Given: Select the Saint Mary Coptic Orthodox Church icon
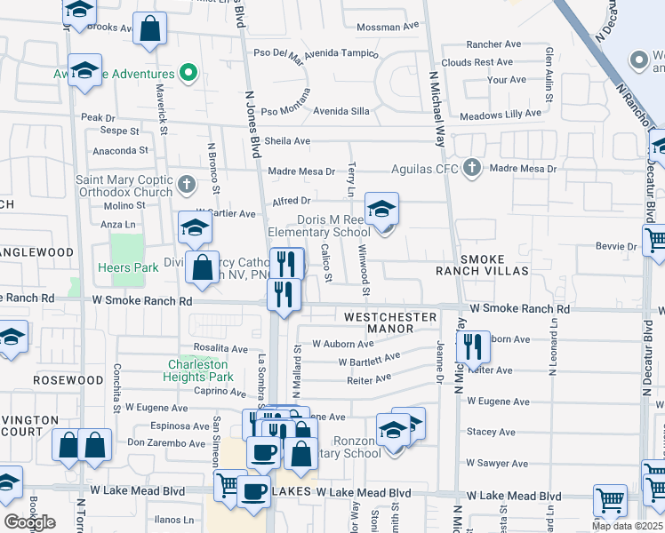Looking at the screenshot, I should point(186,185).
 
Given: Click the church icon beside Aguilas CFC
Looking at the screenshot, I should point(472,168).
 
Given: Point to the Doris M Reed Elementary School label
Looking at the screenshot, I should point(319,227).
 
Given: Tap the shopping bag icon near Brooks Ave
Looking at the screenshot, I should point(151,28).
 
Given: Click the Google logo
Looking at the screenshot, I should point(29,521).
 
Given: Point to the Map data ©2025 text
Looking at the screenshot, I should point(627,526).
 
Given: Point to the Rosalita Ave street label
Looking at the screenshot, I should point(220,348).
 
